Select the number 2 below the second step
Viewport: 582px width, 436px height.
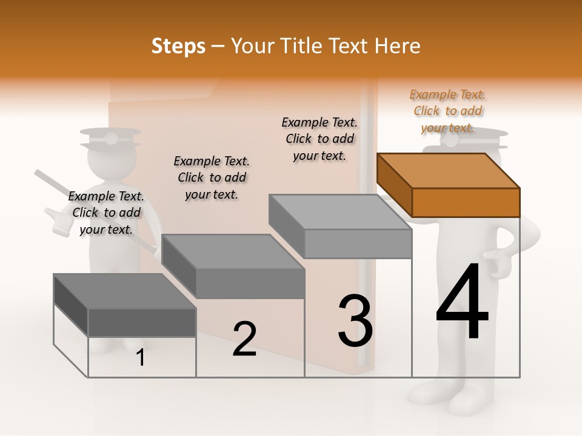(x=244, y=339)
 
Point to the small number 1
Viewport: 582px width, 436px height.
(x=141, y=357)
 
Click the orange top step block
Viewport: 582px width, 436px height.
(x=449, y=185)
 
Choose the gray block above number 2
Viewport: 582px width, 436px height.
(x=233, y=266)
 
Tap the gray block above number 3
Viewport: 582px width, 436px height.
(x=341, y=226)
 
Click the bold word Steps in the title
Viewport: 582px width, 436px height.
(x=178, y=46)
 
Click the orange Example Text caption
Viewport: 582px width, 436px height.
(x=447, y=111)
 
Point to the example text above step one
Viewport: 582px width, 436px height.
(x=106, y=213)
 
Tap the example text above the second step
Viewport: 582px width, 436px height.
(x=212, y=178)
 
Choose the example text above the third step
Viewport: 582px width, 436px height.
(x=319, y=139)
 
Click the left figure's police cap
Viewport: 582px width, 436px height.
(x=110, y=139)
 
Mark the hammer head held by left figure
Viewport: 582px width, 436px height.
(x=59, y=220)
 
